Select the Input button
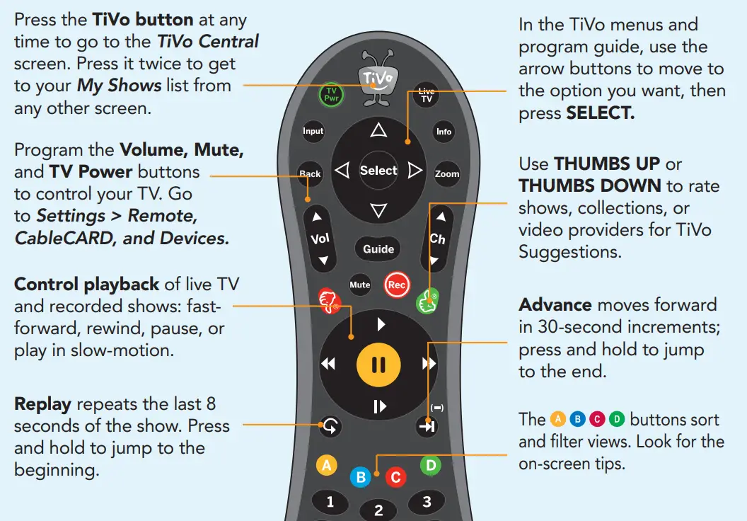313,131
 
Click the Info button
444,132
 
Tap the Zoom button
446,173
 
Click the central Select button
378,171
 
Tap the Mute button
360,285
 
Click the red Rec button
397,285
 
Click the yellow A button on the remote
326,465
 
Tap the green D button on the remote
430,465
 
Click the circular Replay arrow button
330,427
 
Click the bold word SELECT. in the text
600,113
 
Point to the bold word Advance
555,304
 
